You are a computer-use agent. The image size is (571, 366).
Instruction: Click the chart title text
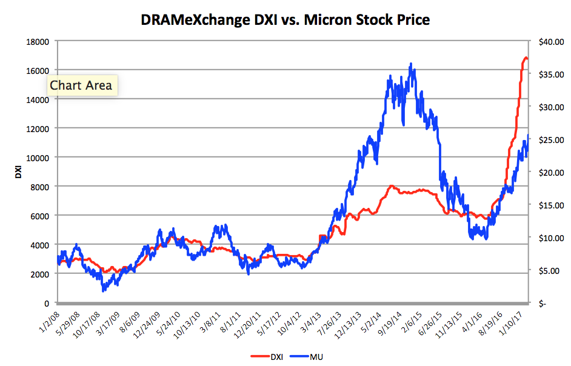point(285,20)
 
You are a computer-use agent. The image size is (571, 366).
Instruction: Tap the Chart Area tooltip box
point(81,85)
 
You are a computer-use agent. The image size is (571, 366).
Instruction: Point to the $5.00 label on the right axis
point(552,270)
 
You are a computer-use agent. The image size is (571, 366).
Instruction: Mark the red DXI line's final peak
point(526,58)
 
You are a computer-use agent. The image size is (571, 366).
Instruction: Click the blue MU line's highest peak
point(411,63)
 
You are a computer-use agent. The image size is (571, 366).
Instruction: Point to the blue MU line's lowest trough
point(103,291)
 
